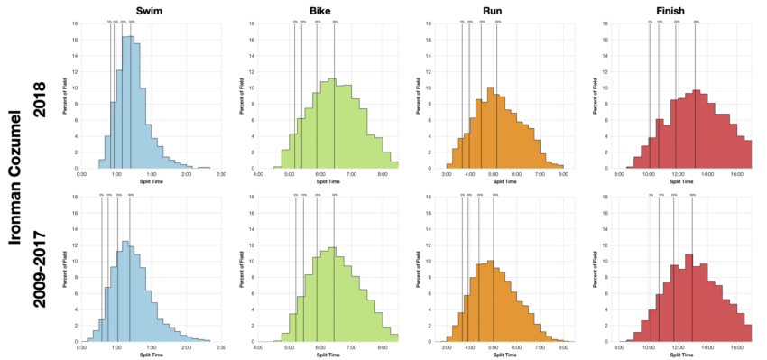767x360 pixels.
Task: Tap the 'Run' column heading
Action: [x=504, y=8]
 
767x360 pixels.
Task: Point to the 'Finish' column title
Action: [x=690, y=8]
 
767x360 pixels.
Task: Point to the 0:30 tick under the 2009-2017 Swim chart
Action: [x=82, y=346]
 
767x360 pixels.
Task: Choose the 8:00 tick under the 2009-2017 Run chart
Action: [x=563, y=346]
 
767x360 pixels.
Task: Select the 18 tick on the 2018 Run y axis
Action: [x=437, y=23]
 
